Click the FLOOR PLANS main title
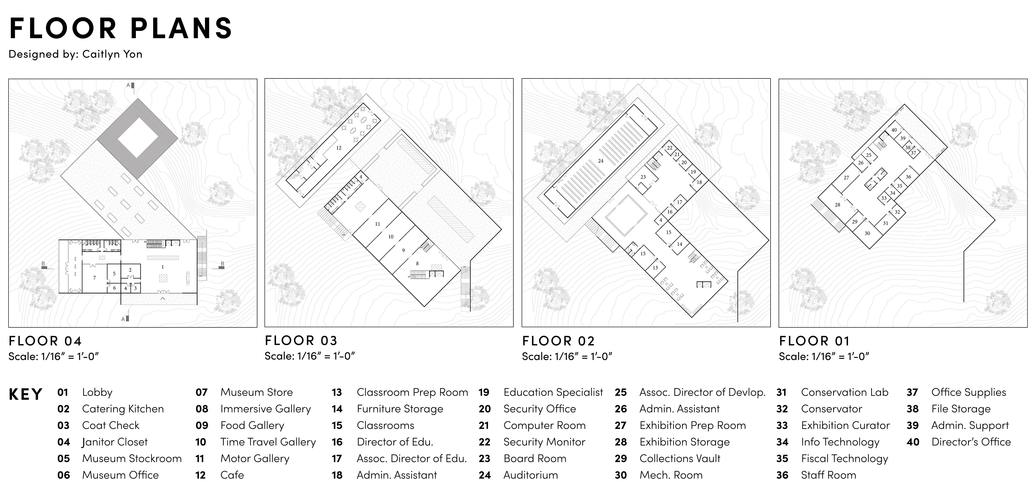click(x=121, y=28)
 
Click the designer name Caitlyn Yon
click(x=112, y=54)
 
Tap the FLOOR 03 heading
click(x=301, y=341)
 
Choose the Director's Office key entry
click(x=971, y=442)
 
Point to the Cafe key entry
click(x=232, y=475)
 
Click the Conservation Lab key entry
click(x=844, y=392)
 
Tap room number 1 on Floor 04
click(x=162, y=267)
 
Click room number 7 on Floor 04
click(x=94, y=277)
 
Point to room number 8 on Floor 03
click(x=417, y=264)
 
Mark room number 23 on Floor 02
click(x=643, y=177)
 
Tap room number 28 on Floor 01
click(x=837, y=205)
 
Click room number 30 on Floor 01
click(x=867, y=233)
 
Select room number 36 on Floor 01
click(x=908, y=177)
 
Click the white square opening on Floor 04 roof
click(x=137, y=138)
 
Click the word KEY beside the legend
click(x=25, y=394)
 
